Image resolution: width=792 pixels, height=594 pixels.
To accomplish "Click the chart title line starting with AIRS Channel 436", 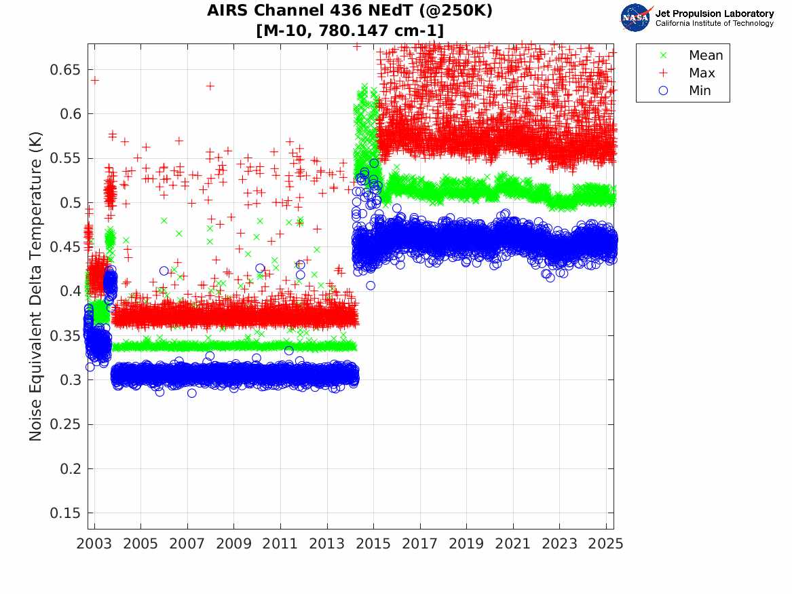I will click(350, 12).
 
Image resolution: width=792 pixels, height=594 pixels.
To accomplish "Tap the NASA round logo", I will click(636, 18).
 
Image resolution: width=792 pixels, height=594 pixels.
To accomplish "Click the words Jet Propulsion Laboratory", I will click(714, 14).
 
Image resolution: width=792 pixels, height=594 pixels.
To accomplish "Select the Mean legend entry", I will click(705, 56).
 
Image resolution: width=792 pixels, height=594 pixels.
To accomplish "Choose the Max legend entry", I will click(701, 73).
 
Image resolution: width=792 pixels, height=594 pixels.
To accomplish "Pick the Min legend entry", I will click(700, 91).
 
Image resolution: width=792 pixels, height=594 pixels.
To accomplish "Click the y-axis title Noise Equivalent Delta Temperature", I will click(36, 286).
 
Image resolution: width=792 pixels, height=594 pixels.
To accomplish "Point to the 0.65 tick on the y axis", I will click(64, 70).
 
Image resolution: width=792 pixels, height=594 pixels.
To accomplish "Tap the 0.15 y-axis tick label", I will click(64, 513).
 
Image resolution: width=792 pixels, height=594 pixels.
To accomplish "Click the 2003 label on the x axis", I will click(94, 544).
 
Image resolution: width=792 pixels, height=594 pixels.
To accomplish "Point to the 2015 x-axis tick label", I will click(373, 544).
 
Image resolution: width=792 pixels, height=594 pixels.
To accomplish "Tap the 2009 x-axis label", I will click(234, 544).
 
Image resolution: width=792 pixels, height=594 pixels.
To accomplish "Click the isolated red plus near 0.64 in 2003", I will click(95, 80).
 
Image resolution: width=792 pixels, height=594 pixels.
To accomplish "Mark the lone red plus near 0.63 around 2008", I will click(210, 86).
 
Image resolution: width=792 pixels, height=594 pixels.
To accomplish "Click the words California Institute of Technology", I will click(714, 24).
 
